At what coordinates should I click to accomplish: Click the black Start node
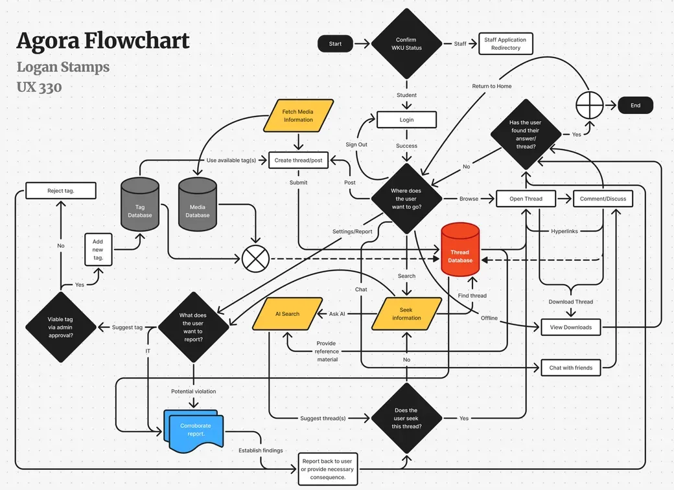pyautogui.click(x=335, y=44)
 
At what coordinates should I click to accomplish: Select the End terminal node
pyautogui.click(x=635, y=106)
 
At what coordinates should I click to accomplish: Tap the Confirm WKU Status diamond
pyautogui.click(x=406, y=43)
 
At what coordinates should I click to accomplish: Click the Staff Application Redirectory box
pyautogui.click(x=505, y=44)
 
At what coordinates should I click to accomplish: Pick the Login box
pyautogui.click(x=406, y=120)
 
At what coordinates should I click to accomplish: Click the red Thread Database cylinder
pyautogui.click(x=460, y=249)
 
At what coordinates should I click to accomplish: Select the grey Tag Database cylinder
pyautogui.click(x=140, y=205)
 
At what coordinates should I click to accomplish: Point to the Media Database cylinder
pyautogui.click(x=197, y=205)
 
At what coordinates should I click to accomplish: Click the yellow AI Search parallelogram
pyautogui.click(x=288, y=314)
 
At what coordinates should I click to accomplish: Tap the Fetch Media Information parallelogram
pyautogui.click(x=298, y=115)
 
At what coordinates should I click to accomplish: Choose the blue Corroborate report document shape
pyautogui.click(x=194, y=431)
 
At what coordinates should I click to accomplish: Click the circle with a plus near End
pyautogui.click(x=589, y=106)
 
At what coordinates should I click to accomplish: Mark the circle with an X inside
pyautogui.click(x=256, y=259)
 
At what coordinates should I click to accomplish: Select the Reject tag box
pyautogui.click(x=61, y=191)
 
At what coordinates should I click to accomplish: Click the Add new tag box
pyautogui.click(x=99, y=249)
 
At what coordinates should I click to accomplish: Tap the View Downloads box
pyautogui.click(x=571, y=328)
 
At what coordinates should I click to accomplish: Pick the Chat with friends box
pyautogui.click(x=571, y=368)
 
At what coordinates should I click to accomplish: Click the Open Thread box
pyautogui.click(x=526, y=199)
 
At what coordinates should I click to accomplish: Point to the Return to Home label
pyautogui.click(x=492, y=86)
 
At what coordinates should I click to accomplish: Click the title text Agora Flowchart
pyautogui.click(x=103, y=41)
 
